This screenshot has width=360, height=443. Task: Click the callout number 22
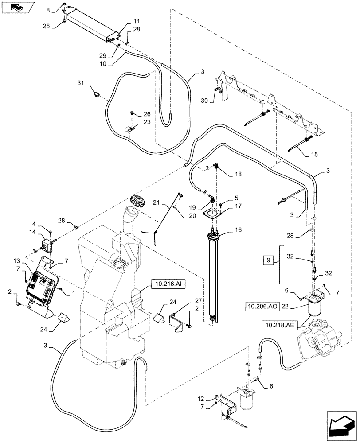tap(298, 306)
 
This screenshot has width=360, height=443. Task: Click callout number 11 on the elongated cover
tap(136, 21)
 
